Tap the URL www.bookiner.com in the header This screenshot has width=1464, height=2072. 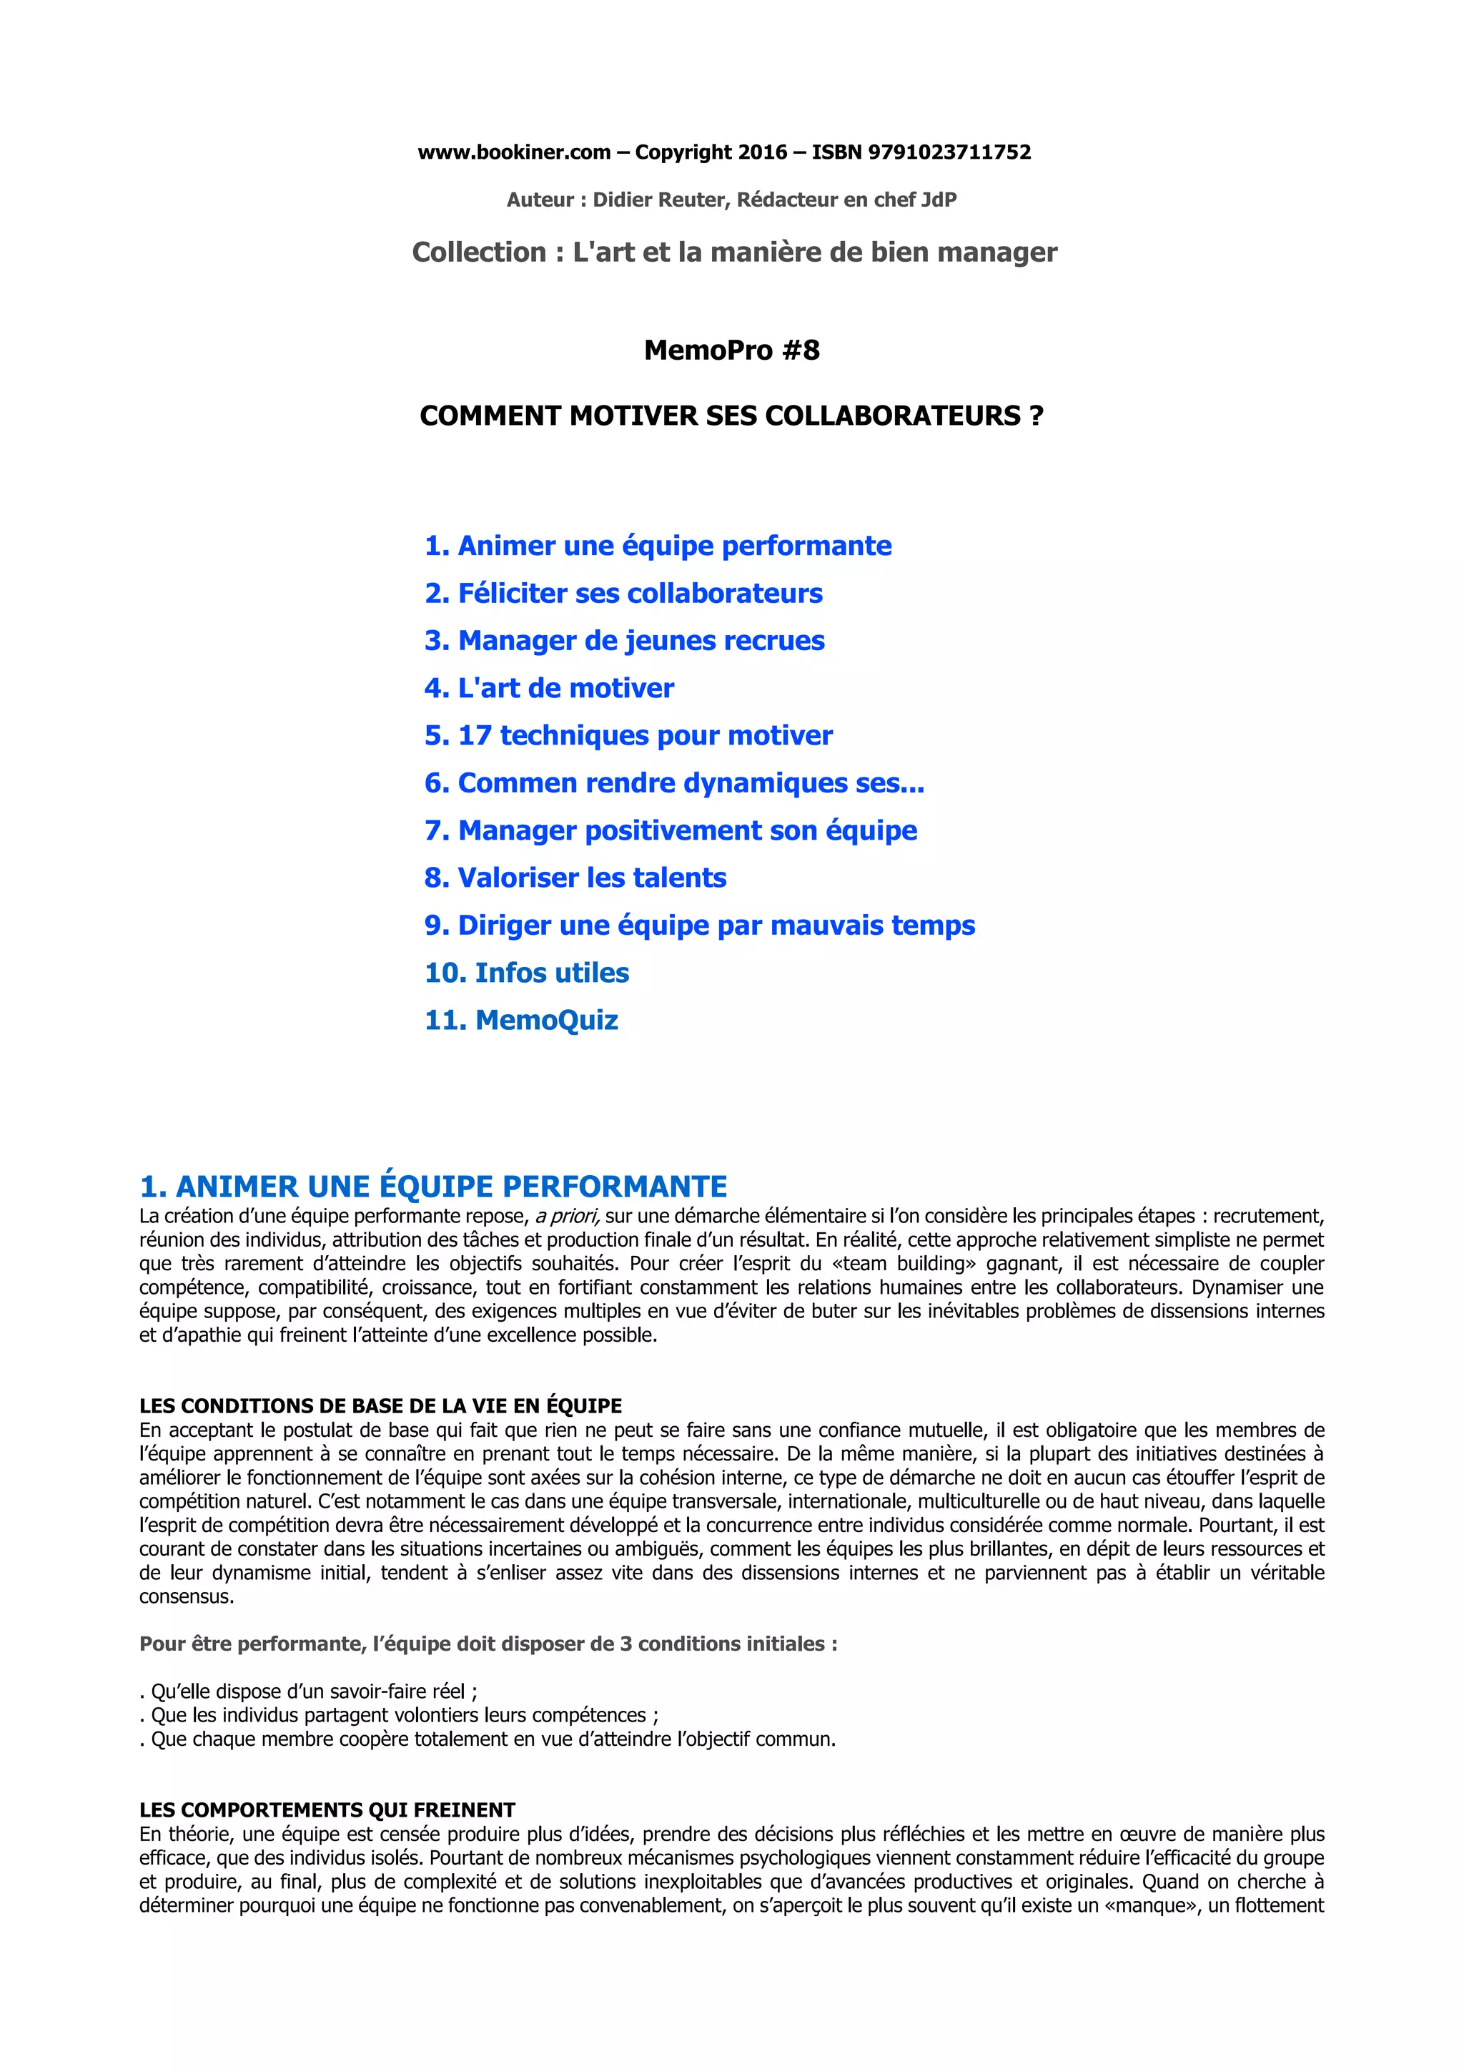pyautogui.click(x=513, y=152)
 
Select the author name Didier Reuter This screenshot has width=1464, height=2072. pyautogui.click(x=658, y=200)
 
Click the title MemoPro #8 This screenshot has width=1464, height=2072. pyautogui.click(x=731, y=350)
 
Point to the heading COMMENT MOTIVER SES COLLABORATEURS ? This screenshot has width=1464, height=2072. pyautogui.click(x=731, y=416)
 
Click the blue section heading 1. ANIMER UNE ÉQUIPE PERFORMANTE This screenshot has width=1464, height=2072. pyautogui.click(x=433, y=1186)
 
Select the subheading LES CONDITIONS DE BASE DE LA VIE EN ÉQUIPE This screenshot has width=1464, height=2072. pyautogui.click(x=381, y=1406)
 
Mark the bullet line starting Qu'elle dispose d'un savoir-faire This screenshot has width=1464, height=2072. pyautogui.click(x=310, y=1692)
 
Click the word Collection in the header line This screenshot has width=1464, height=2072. pyautogui.click(x=479, y=252)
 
